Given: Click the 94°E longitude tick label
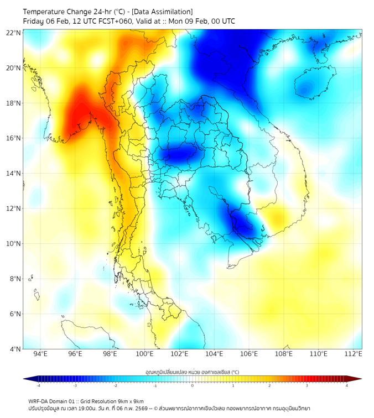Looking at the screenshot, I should pos(40,354).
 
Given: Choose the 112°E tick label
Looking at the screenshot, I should pos(354,354).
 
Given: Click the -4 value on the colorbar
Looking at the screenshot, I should pos(38,385).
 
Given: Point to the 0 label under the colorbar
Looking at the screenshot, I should pos(193,385).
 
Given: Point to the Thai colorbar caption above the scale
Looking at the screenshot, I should pos(192,372).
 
